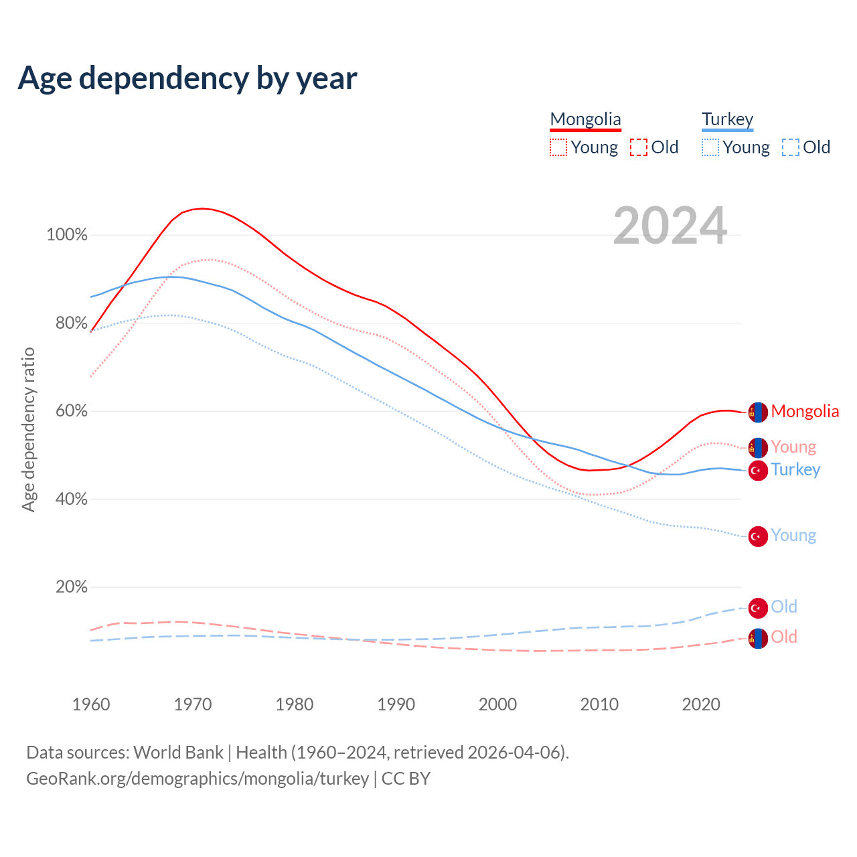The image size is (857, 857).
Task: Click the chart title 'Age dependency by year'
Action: point(187,78)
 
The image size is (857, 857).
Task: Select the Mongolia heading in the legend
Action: point(585,119)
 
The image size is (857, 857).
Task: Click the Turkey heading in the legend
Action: point(727,119)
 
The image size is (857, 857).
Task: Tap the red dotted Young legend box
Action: point(558,147)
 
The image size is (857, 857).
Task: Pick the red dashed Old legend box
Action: point(639,147)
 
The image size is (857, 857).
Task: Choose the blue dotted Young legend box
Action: point(710,147)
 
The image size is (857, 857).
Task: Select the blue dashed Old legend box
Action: point(791,147)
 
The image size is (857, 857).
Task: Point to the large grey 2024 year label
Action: point(670,226)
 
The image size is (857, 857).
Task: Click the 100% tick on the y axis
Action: point(67,235)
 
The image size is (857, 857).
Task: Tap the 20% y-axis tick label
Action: point(72,587)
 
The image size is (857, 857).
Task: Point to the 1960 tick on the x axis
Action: point(91,704)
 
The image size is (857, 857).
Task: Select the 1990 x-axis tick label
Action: point(396,704)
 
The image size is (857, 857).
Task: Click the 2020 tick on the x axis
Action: point(701,704)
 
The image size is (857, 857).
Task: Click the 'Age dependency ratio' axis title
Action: point(28,429)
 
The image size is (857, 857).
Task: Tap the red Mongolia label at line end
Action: point(805,411)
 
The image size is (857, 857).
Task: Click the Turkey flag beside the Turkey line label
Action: point(758,470)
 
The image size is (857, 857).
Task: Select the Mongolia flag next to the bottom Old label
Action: point(758,638)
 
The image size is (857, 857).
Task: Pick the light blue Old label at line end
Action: point(784,607)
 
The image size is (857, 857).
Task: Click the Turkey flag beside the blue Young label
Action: point(758,536)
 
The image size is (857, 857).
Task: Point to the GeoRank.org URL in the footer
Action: point(198,779)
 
